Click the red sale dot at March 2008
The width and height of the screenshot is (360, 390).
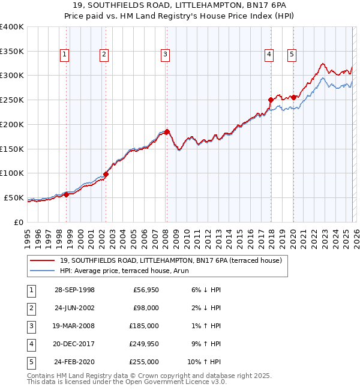click(x=167, y=131)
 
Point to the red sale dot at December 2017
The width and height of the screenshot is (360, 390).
click(x=271, y=100)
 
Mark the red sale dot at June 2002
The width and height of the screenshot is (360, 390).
click(x=106, y=174)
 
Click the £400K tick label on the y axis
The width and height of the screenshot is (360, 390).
click(x=11, y=26)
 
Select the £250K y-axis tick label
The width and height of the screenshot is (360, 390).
click(x=11, y=100)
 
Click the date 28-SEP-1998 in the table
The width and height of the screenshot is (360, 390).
click(x=74, y=290)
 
